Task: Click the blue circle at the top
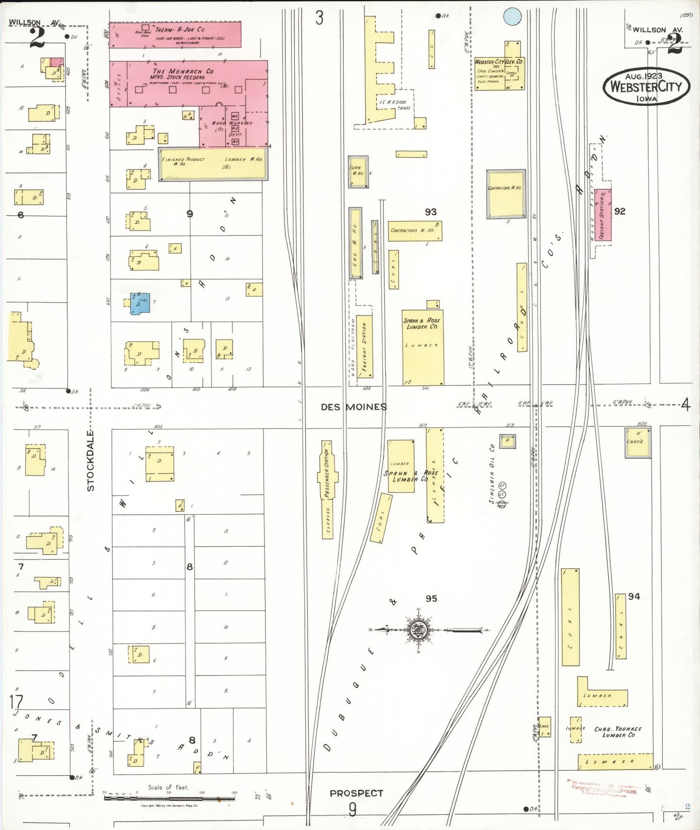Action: tap(512, 16)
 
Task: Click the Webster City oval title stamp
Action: tap(646, 86)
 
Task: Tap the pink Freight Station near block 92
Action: tap(603, 215)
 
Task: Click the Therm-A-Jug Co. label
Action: tap(180, 30)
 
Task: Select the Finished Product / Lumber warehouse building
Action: tap(213, 164)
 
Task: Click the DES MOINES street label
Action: tap(354, 407)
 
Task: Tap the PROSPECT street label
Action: tap(356, 793)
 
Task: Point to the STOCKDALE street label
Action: tap(91, 461)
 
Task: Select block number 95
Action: tap(431, 599)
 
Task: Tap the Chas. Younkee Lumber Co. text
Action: tap(618, 732)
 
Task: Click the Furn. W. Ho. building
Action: tap(358, 171)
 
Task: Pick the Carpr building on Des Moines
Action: tap(638, 442)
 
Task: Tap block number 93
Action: tap(431, 212)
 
